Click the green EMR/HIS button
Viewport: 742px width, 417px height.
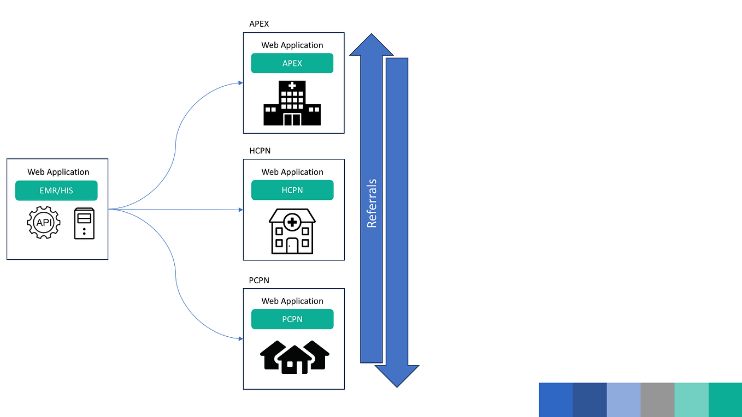pos(56,190)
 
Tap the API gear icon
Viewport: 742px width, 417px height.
pos(43,223)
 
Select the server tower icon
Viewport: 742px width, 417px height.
pos(84,223)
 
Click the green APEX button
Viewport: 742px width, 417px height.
pos(292,63)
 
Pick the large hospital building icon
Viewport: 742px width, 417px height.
pos(292,103)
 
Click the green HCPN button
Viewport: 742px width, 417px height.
pos(292,190)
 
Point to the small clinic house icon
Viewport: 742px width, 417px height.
pos(292,231)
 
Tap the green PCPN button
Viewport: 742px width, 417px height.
pos(292,319)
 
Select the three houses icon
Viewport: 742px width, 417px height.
pos(295,357)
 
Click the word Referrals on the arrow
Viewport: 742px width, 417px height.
pos(372,203)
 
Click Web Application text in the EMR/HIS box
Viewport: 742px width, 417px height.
pos(58,172)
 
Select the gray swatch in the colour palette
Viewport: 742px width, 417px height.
pos(657,400)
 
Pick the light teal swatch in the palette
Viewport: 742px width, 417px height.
pos(691,400)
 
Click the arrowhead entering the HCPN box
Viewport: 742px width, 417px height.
pos(240,210)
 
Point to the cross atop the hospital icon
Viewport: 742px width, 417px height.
pos(292,86)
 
